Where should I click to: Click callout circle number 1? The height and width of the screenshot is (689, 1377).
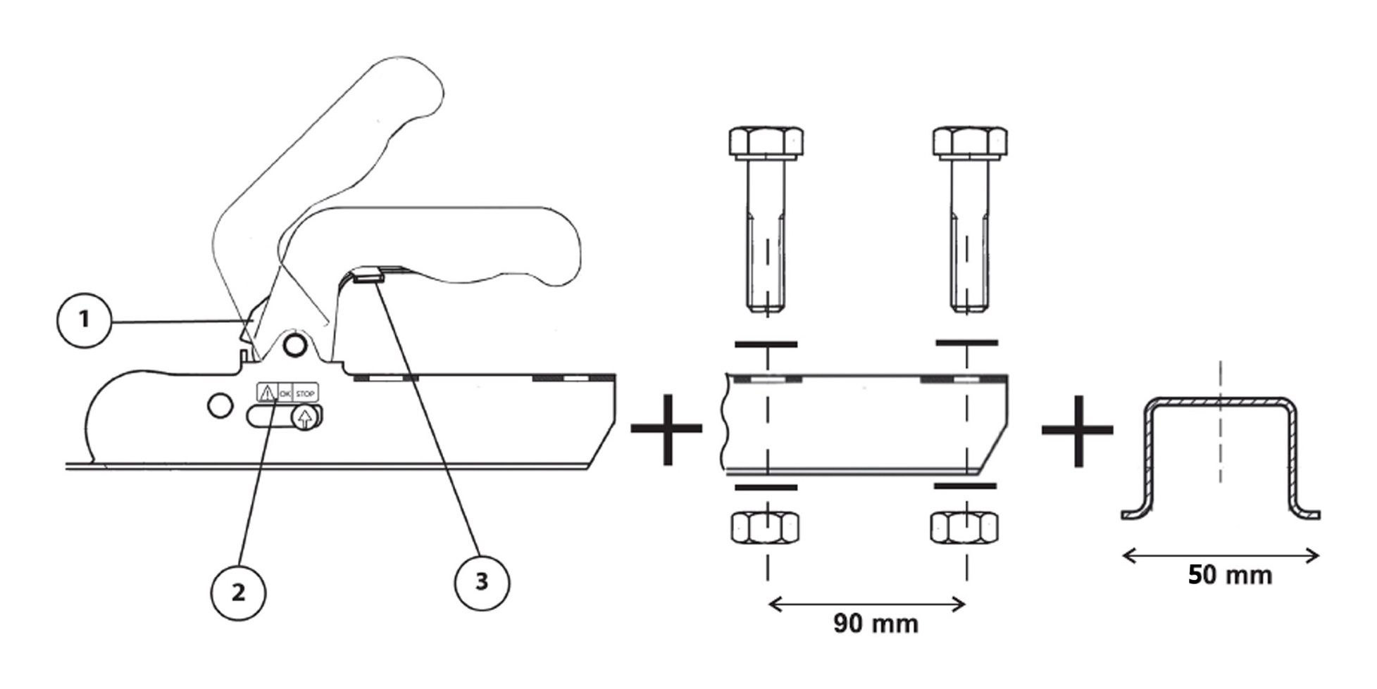point(85,320)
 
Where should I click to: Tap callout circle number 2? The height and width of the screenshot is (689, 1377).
point(239,593)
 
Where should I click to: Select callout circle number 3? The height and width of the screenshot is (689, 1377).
point(482,581)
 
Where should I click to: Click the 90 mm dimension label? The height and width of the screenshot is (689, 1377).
point(876,623)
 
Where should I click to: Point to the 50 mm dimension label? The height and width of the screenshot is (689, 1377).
point(1230,575)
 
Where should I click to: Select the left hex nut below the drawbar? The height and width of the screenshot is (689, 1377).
point(766,526)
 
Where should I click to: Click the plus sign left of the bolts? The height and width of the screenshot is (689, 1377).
point(666,429)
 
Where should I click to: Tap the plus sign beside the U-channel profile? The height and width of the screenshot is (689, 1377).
point(1078,430)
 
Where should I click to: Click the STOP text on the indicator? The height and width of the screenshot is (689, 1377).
point(306,393)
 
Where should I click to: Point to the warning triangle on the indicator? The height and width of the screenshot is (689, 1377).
point(267,393)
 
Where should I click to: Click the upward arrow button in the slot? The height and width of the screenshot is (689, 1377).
point(304,418)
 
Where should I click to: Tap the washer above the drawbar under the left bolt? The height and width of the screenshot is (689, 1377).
point(766,344)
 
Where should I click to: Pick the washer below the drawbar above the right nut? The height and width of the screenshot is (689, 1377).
point(965,486)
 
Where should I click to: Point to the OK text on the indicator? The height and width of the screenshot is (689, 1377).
point(285,393)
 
